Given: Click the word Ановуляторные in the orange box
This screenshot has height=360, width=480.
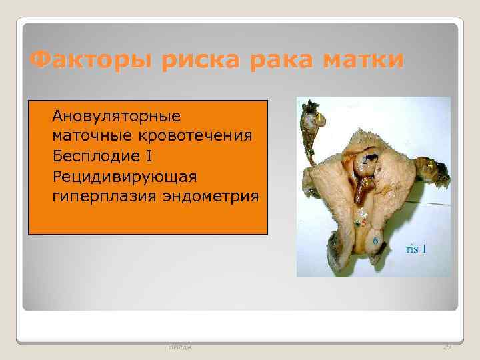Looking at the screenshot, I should pyautogui.click(x=117, y=116).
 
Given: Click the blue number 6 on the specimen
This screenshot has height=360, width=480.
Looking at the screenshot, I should pyautogui.click(x=376, y=240).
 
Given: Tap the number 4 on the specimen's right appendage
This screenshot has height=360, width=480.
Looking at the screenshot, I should pyautogui.click(x=431, y=163).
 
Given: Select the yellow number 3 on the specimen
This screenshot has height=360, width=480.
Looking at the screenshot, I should pyautogui.click(x=365, y=182).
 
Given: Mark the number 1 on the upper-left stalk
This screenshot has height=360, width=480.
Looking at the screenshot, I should pyautogui.click(x=320, y=117).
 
